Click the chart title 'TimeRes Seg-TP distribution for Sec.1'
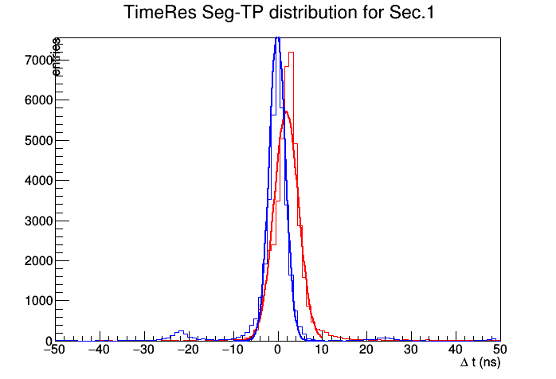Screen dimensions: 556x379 [x=279, y=13]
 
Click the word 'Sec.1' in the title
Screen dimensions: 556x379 [x=412, y=13]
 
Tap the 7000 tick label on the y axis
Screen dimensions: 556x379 [x=39, y=61]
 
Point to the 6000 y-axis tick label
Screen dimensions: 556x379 [x=39, y=100]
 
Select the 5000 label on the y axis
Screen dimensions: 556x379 [x=39, y=141]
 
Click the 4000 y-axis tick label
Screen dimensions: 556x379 [x=39, y=181]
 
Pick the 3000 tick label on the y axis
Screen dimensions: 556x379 [x=39, y=221]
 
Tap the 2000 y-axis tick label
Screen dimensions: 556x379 [x=39, y=261]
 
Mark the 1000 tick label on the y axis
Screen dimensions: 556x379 [x=39, y=301]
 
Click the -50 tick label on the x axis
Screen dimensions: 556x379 [x=54, y=350]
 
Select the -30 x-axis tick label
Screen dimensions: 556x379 [x=143, y=350]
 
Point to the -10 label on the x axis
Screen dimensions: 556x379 [x=233, y=350]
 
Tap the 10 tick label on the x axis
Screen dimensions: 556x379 [x=322, y=350]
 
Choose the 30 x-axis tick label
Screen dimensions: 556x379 [x=410, y=350]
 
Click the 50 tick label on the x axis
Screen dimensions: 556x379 [x=499, y=350]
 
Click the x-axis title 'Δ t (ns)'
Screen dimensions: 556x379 [x=480, y=363]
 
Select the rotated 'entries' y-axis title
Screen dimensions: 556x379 [x=57, y=57]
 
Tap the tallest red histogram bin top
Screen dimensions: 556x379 [x=291, y=53]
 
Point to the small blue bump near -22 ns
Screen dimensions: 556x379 [x=181, y=331]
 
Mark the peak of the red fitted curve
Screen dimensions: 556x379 [x=286, y=111]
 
